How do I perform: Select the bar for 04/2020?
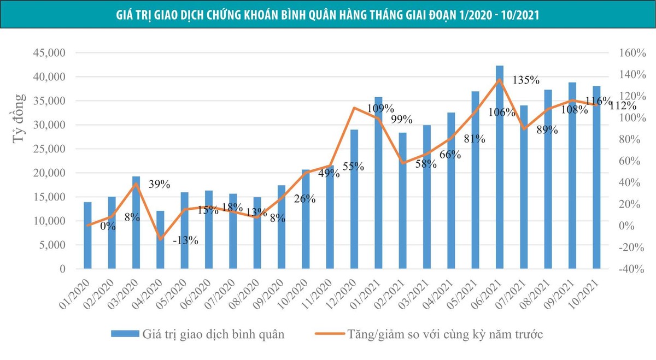click(x=160, y=240)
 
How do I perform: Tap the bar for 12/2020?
click(x=354, y=199)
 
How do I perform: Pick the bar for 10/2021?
click(x=596, y=178)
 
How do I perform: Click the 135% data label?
click(x=526, y=80)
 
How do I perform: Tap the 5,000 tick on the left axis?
click(x=52, y=245)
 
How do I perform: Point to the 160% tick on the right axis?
click(x=632, y=53)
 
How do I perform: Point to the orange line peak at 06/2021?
click(x=500, y=80)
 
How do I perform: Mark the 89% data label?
click(x=547, y=130)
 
